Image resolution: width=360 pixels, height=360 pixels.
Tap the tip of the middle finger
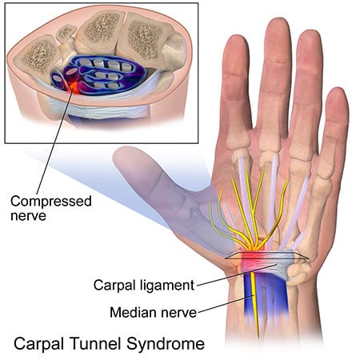click(276, 26)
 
